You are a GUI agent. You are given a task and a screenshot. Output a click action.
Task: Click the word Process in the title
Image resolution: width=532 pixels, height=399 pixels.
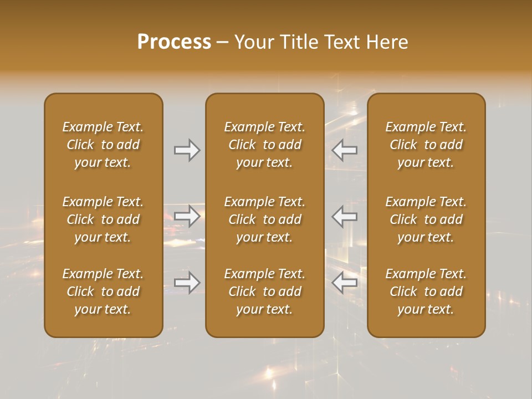click(x=174, y=42)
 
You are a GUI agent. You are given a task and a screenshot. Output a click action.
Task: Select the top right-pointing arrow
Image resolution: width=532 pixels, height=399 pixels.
click(x=187, y=150)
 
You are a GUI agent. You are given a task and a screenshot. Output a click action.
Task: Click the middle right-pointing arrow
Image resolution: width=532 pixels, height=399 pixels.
click(x=187, y=216)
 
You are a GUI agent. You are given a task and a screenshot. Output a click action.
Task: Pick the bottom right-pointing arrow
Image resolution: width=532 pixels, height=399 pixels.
click(x=187, y=283)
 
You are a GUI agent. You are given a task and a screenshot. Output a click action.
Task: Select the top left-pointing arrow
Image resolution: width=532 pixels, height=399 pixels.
click(x=345, y=150)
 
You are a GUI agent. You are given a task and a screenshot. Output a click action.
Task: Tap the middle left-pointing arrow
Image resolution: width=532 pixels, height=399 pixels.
click(x=345, y=216)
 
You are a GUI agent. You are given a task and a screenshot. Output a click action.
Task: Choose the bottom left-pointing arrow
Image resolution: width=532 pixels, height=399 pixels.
click(x=345, y=283)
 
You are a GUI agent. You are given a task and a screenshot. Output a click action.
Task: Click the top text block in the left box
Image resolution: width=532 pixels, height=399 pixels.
click(x=103, y=145)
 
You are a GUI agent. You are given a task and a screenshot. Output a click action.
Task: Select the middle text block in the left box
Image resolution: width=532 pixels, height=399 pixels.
click(x=103, y=219)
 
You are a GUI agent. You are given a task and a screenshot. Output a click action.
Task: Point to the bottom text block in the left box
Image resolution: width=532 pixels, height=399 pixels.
click(x=103, y=291)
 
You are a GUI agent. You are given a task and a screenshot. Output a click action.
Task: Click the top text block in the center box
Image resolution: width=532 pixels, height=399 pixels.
click(x=264, y=145)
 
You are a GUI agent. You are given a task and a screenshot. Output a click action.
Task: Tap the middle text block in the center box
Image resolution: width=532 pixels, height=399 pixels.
click(x=264, y=219)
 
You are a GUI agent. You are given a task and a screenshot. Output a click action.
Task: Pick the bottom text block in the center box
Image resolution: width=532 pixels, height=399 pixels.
click(x=264, y=291)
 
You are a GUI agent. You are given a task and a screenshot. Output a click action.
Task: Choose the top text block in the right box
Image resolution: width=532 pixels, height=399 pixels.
click(x=426, y=145)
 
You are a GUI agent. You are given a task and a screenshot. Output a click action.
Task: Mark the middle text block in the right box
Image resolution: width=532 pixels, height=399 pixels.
click(x=426, y=219)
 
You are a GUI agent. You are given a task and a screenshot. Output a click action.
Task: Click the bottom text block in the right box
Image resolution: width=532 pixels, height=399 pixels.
click(x=426, y=291)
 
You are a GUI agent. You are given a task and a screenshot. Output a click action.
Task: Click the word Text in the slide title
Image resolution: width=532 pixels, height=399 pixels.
click(x=342, y=42)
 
